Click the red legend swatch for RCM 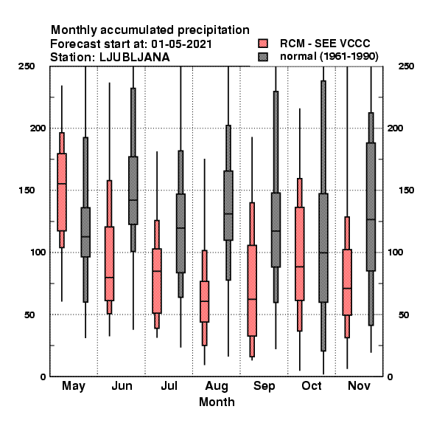[x=263, y=44]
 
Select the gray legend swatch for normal [x=263, y=57]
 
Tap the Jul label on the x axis [x=169, y=385]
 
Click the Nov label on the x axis [x=359, y=385]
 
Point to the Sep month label [x=264, y=386]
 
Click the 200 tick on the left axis [x=38, y=128]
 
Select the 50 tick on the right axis [x=404, y=315]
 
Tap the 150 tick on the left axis [x=27, y=190]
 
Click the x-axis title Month [x=217, y=402]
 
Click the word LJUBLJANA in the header [x=135, y=58]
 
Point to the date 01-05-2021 [x=181, y=44]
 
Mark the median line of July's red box [x=157, y=271]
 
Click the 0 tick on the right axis [x=390, y=377]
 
